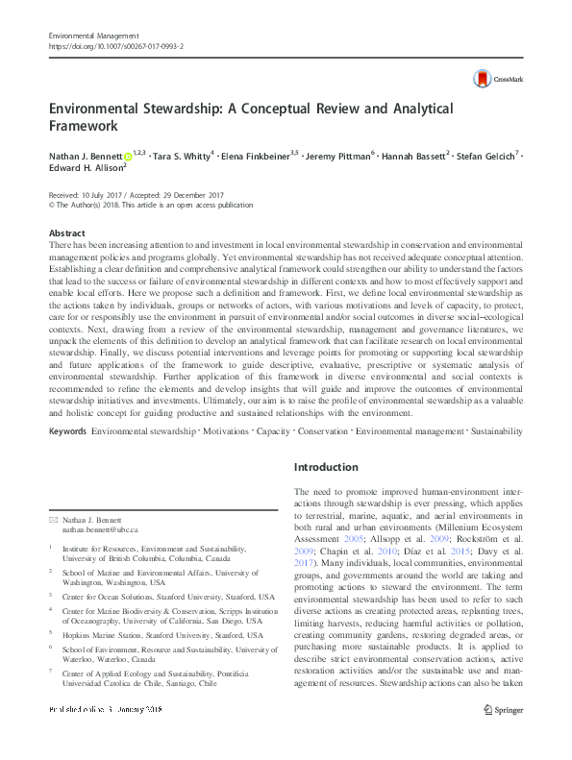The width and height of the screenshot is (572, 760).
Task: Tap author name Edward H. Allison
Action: click(83, 167)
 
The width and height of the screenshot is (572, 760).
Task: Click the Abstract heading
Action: click(66, 233)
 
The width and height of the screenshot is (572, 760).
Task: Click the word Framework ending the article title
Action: click(85, 126)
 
